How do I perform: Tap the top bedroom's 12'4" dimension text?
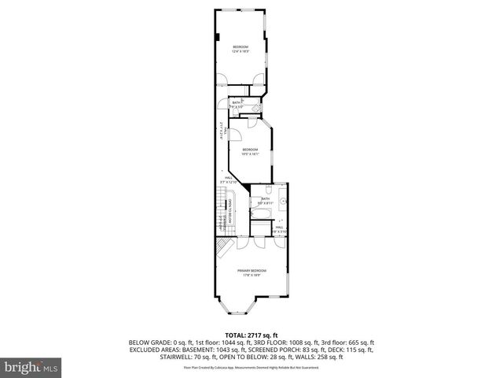pos(240,52)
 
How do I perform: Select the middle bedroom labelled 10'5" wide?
pos(251,151)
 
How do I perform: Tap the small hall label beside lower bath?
pos(279,229)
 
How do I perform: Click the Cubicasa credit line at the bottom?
pos(251,367)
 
